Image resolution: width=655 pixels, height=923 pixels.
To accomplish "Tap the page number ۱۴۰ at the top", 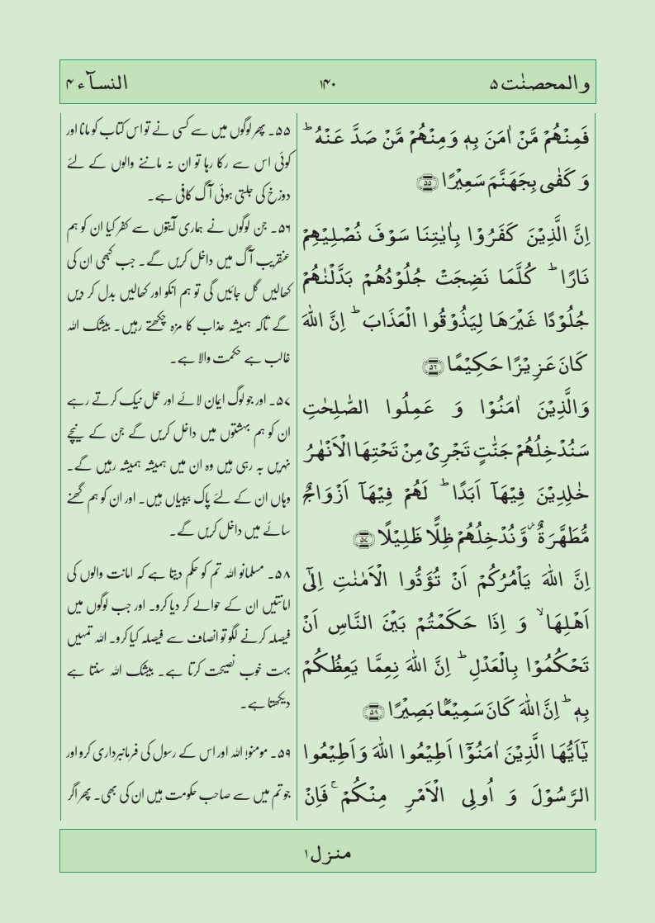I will pyautogui.click(x=327, y=84).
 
